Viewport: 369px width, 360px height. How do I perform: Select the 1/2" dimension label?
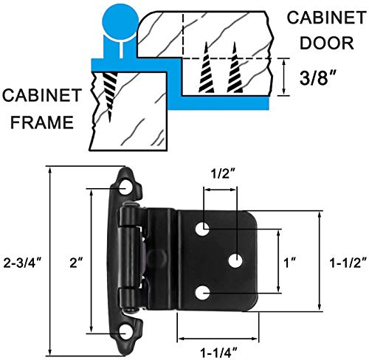coord(218,175)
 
